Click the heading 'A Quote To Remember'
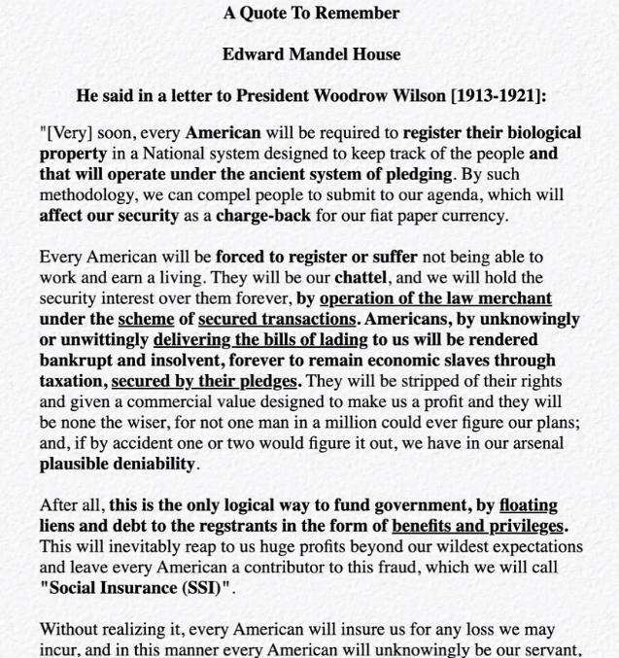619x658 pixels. pyautogui.click(x=311, y=14)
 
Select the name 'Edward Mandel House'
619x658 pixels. pyautogui.click(x=311, y=54)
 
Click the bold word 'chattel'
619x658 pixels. pyautogui.click(x=361, y=278)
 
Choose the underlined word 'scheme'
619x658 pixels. pyautogui.click(x=146, y=319)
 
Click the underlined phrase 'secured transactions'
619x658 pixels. pyautogui.click(x=277, y=319)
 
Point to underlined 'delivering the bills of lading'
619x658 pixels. pyautogui.click(x=260, y=339)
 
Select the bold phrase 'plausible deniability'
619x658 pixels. pyautogui.click(x=118, y=464)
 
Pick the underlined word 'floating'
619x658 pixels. pyautogui.click(x=528, y=505)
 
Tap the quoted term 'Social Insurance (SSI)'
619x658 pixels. pyautogui.click(x=136, y=588)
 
